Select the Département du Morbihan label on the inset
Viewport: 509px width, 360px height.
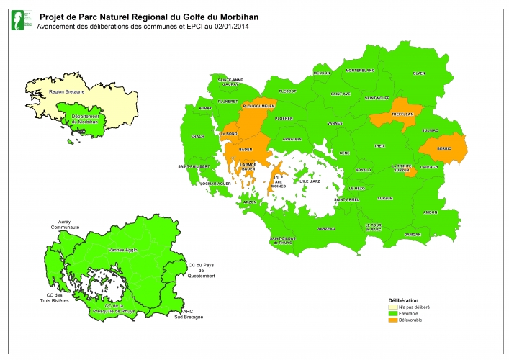(86, 118)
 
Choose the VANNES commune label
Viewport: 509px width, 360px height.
(335, 123)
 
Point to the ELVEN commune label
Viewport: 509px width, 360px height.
(418, 73)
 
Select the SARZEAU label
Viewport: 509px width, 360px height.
(326, 228)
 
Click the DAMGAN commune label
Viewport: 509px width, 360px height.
(413, 235)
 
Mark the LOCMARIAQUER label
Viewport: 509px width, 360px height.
(197, 184)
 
